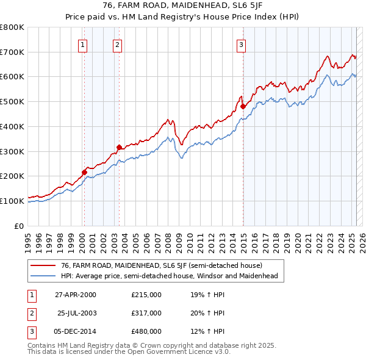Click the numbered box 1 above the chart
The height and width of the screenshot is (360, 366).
tap(82, 44)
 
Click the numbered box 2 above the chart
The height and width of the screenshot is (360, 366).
tap(117, 44)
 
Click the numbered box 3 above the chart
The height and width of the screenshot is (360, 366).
tap(241, 44)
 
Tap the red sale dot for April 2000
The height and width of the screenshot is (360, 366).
tap(84, 172)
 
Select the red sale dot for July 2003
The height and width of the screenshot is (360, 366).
tap(119, 146)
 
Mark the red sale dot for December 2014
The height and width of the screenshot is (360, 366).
tap(243, 106)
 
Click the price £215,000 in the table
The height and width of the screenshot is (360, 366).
tap(146, 295)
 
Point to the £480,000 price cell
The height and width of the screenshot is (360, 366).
tap(146, 331)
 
